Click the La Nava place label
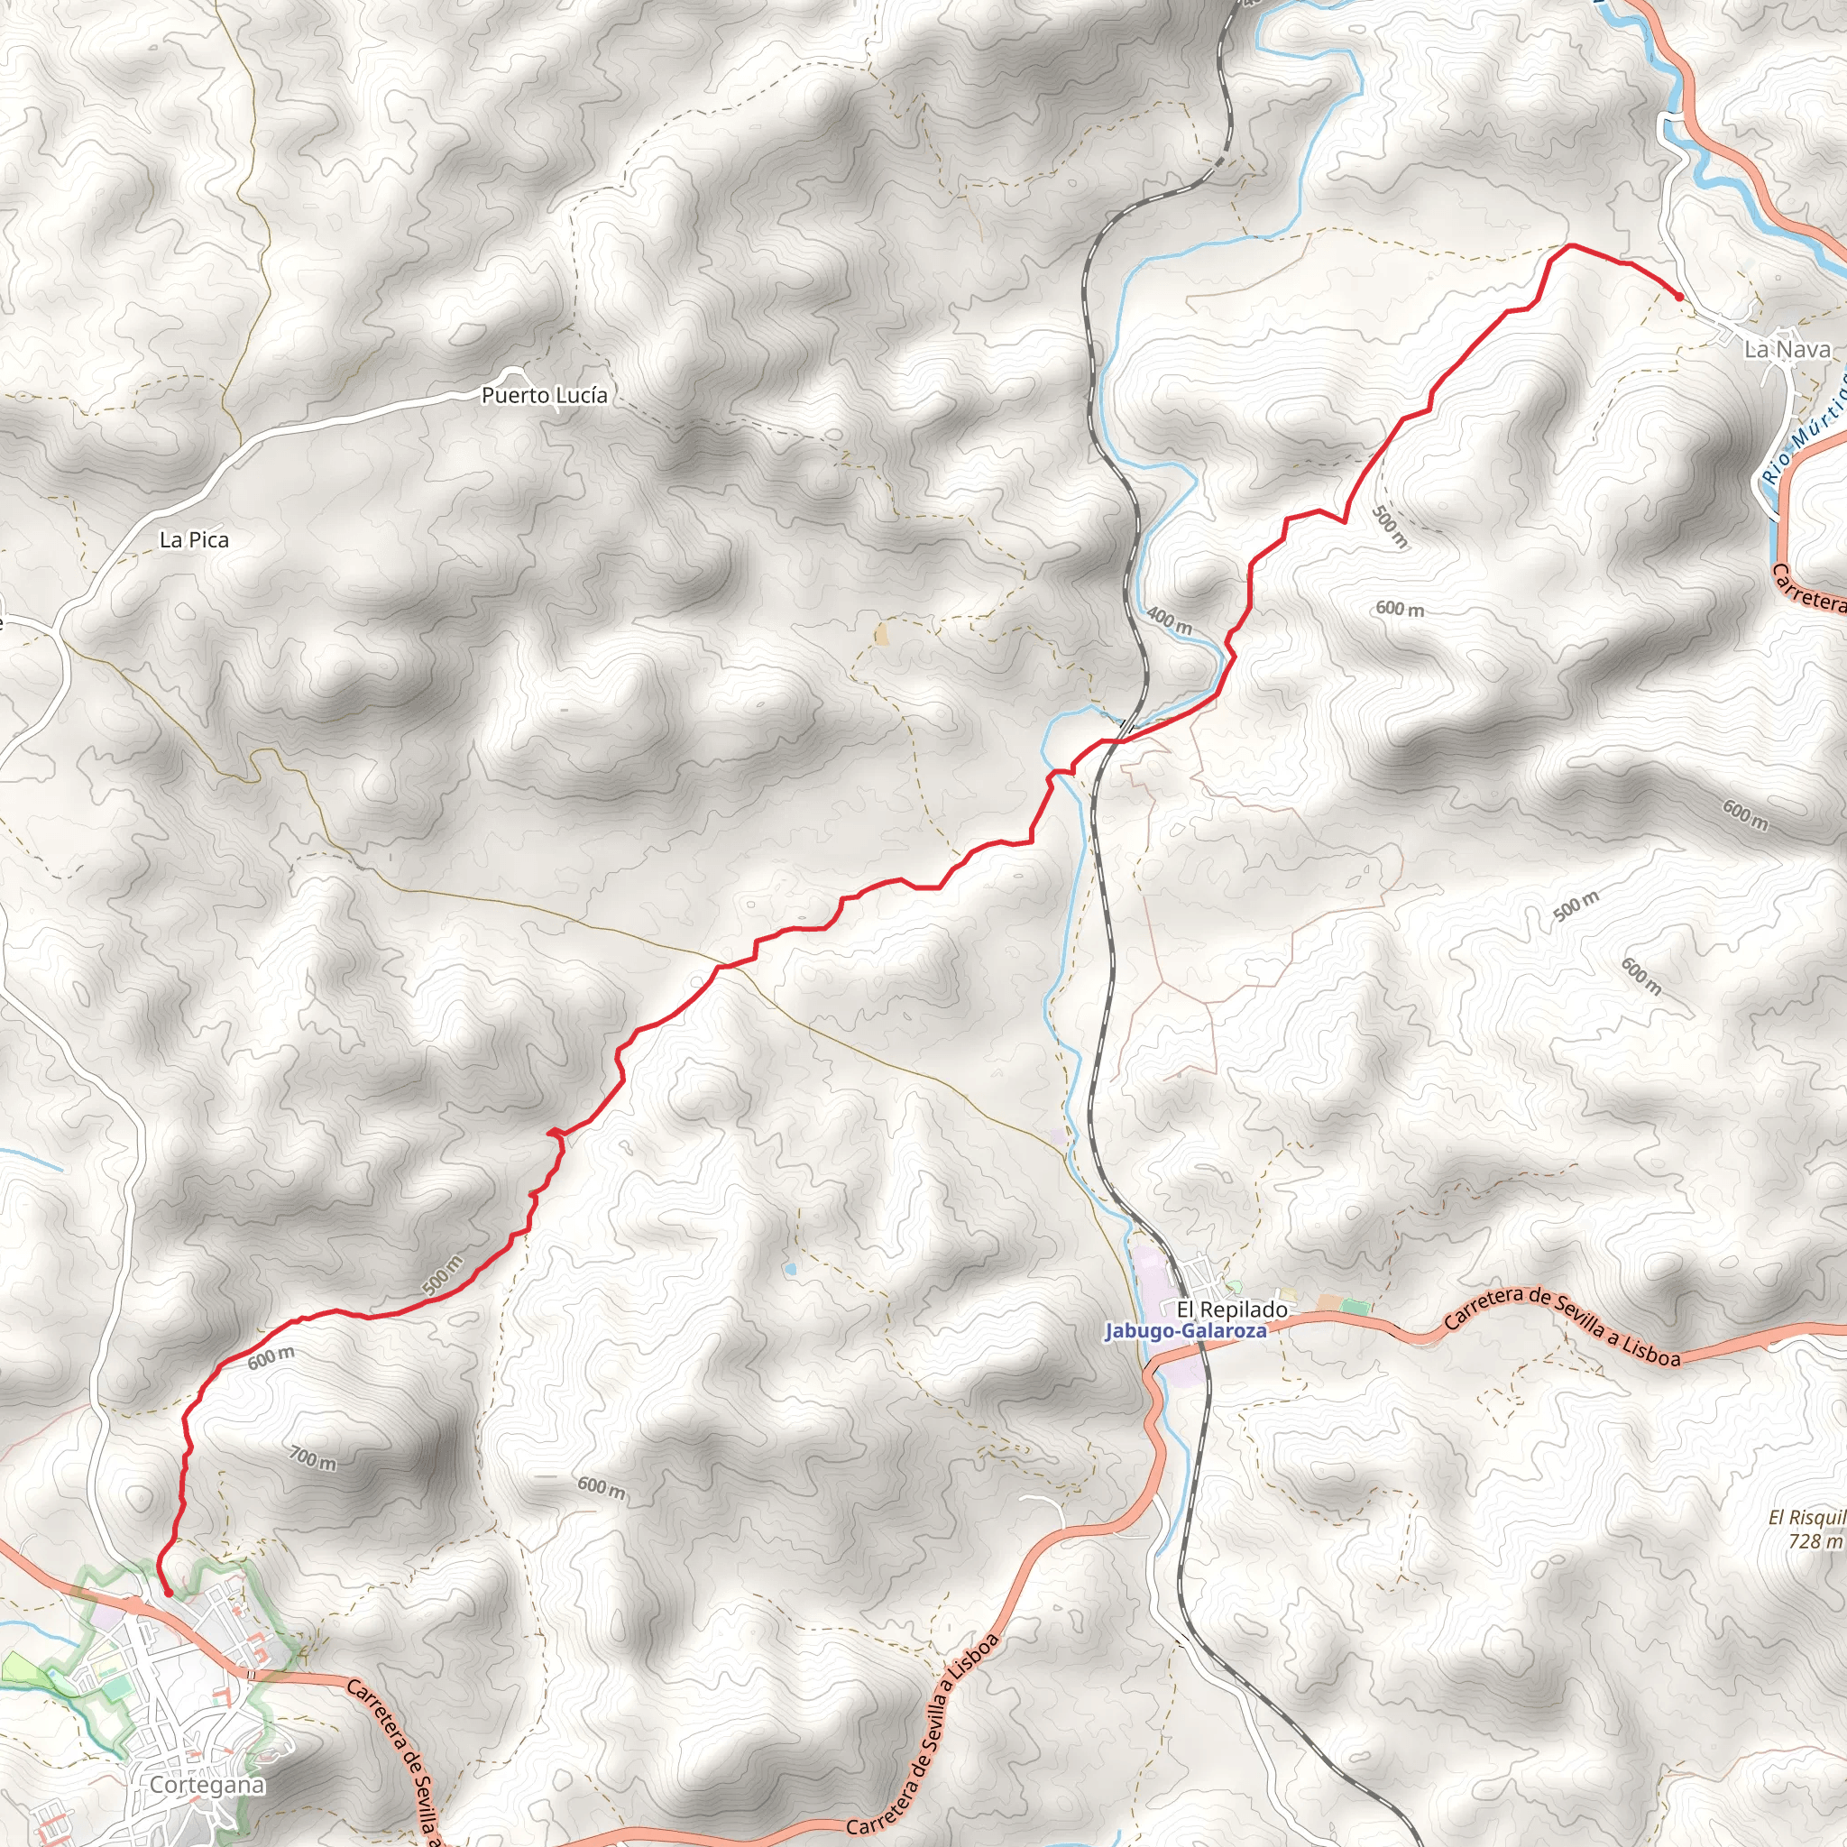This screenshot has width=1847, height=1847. (x=1787, y=350)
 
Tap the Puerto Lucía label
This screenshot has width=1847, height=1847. (x=544, y=395)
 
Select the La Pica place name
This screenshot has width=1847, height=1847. (x=194, y=540)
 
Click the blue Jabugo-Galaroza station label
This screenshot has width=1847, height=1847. (x=1185, y=1331)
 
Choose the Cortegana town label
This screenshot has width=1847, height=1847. (x=207, y=1785)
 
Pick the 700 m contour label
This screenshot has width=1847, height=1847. (x=313, y=1458)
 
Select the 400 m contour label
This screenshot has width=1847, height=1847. (x=1168, y=621)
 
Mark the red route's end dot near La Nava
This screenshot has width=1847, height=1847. (x=1679, y=297)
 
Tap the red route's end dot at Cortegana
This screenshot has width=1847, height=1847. (x=169, y=1594)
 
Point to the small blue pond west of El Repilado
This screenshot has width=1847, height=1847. (x=790, y=1270)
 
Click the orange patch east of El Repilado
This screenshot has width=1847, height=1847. (x=1328, y=1302)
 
